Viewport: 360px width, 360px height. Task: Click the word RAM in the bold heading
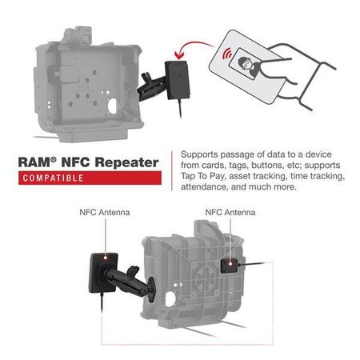(x=37, y=162)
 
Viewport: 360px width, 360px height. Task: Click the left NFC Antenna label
(x=105, y=213)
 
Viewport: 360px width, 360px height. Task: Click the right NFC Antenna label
(x=230, y=213)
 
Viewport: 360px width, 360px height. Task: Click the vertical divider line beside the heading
(x=170, y=170)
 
